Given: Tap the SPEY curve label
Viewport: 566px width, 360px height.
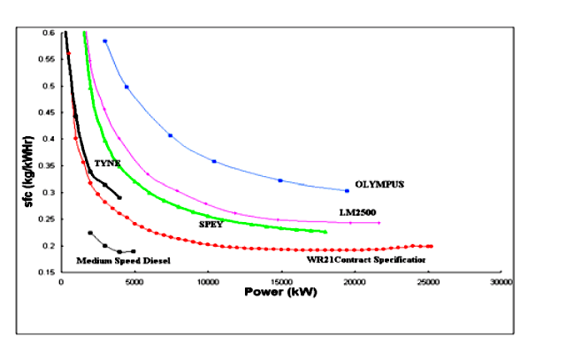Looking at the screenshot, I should (x=210, y=225).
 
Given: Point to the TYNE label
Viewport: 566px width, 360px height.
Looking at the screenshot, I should (x=107, y=164).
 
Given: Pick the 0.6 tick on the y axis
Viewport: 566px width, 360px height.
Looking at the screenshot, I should (x=48, y=33).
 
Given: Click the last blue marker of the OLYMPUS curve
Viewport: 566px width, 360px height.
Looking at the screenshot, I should (x=347, y=190).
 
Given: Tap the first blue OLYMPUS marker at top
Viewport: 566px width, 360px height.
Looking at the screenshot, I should (x=104, y=41).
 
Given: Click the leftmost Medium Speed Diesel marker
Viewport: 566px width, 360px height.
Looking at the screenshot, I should (x=90, y=233).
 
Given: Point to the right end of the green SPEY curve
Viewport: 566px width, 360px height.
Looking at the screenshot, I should (x=325, y=232).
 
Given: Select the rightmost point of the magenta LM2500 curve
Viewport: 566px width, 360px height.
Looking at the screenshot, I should (x=379, y=223).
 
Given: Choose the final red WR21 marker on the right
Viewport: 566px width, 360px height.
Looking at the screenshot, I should (x=431, y=246).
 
